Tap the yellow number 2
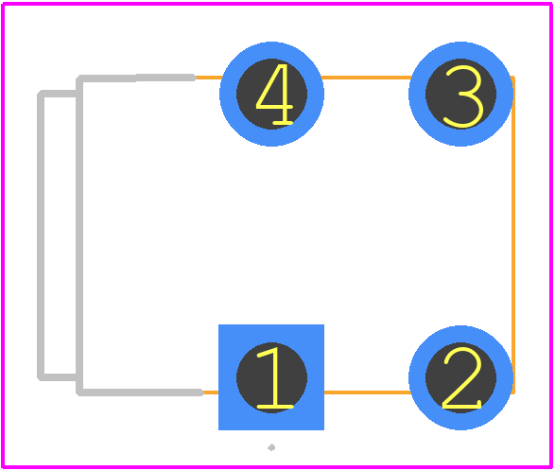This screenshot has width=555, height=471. tap(462, 377)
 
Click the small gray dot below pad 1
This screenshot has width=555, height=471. tap(271, 447)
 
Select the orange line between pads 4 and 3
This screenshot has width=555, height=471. tap(366, 78)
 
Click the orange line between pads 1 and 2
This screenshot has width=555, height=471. tap(368, 392)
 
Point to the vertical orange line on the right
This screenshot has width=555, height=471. tap(513, 235)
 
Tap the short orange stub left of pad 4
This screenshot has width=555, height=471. tap(209, 78)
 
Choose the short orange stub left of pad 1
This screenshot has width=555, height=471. tap(211, 392)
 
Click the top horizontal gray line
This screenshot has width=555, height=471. tap(136, 78)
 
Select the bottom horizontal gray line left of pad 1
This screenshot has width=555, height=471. tap(140, 392)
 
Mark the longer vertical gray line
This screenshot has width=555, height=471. tap(79, 235)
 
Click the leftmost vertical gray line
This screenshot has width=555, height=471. tap(41, 235)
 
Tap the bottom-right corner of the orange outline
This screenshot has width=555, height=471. tap(513, 392)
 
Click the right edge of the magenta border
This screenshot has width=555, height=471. tap(551, 235)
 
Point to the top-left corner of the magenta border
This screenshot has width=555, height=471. tap(3, 4)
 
